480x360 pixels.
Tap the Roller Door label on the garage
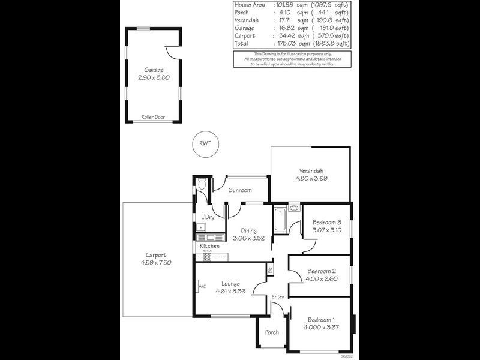click(153, 117)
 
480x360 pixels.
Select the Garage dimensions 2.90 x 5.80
click(153, 78)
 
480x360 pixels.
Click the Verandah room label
click(311, 170)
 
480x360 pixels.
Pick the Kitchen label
click(209, 247)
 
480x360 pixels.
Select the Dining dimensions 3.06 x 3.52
click(249, 238)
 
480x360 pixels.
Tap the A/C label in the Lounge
click(202, 287)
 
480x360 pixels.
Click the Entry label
click(278, 297)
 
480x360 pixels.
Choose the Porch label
click(271, 332)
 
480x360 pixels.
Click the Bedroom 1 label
click(321, 319)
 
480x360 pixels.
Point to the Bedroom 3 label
click(326, 222)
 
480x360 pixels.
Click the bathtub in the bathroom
click(280, 221)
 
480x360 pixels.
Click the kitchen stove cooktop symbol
click(207, 256)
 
